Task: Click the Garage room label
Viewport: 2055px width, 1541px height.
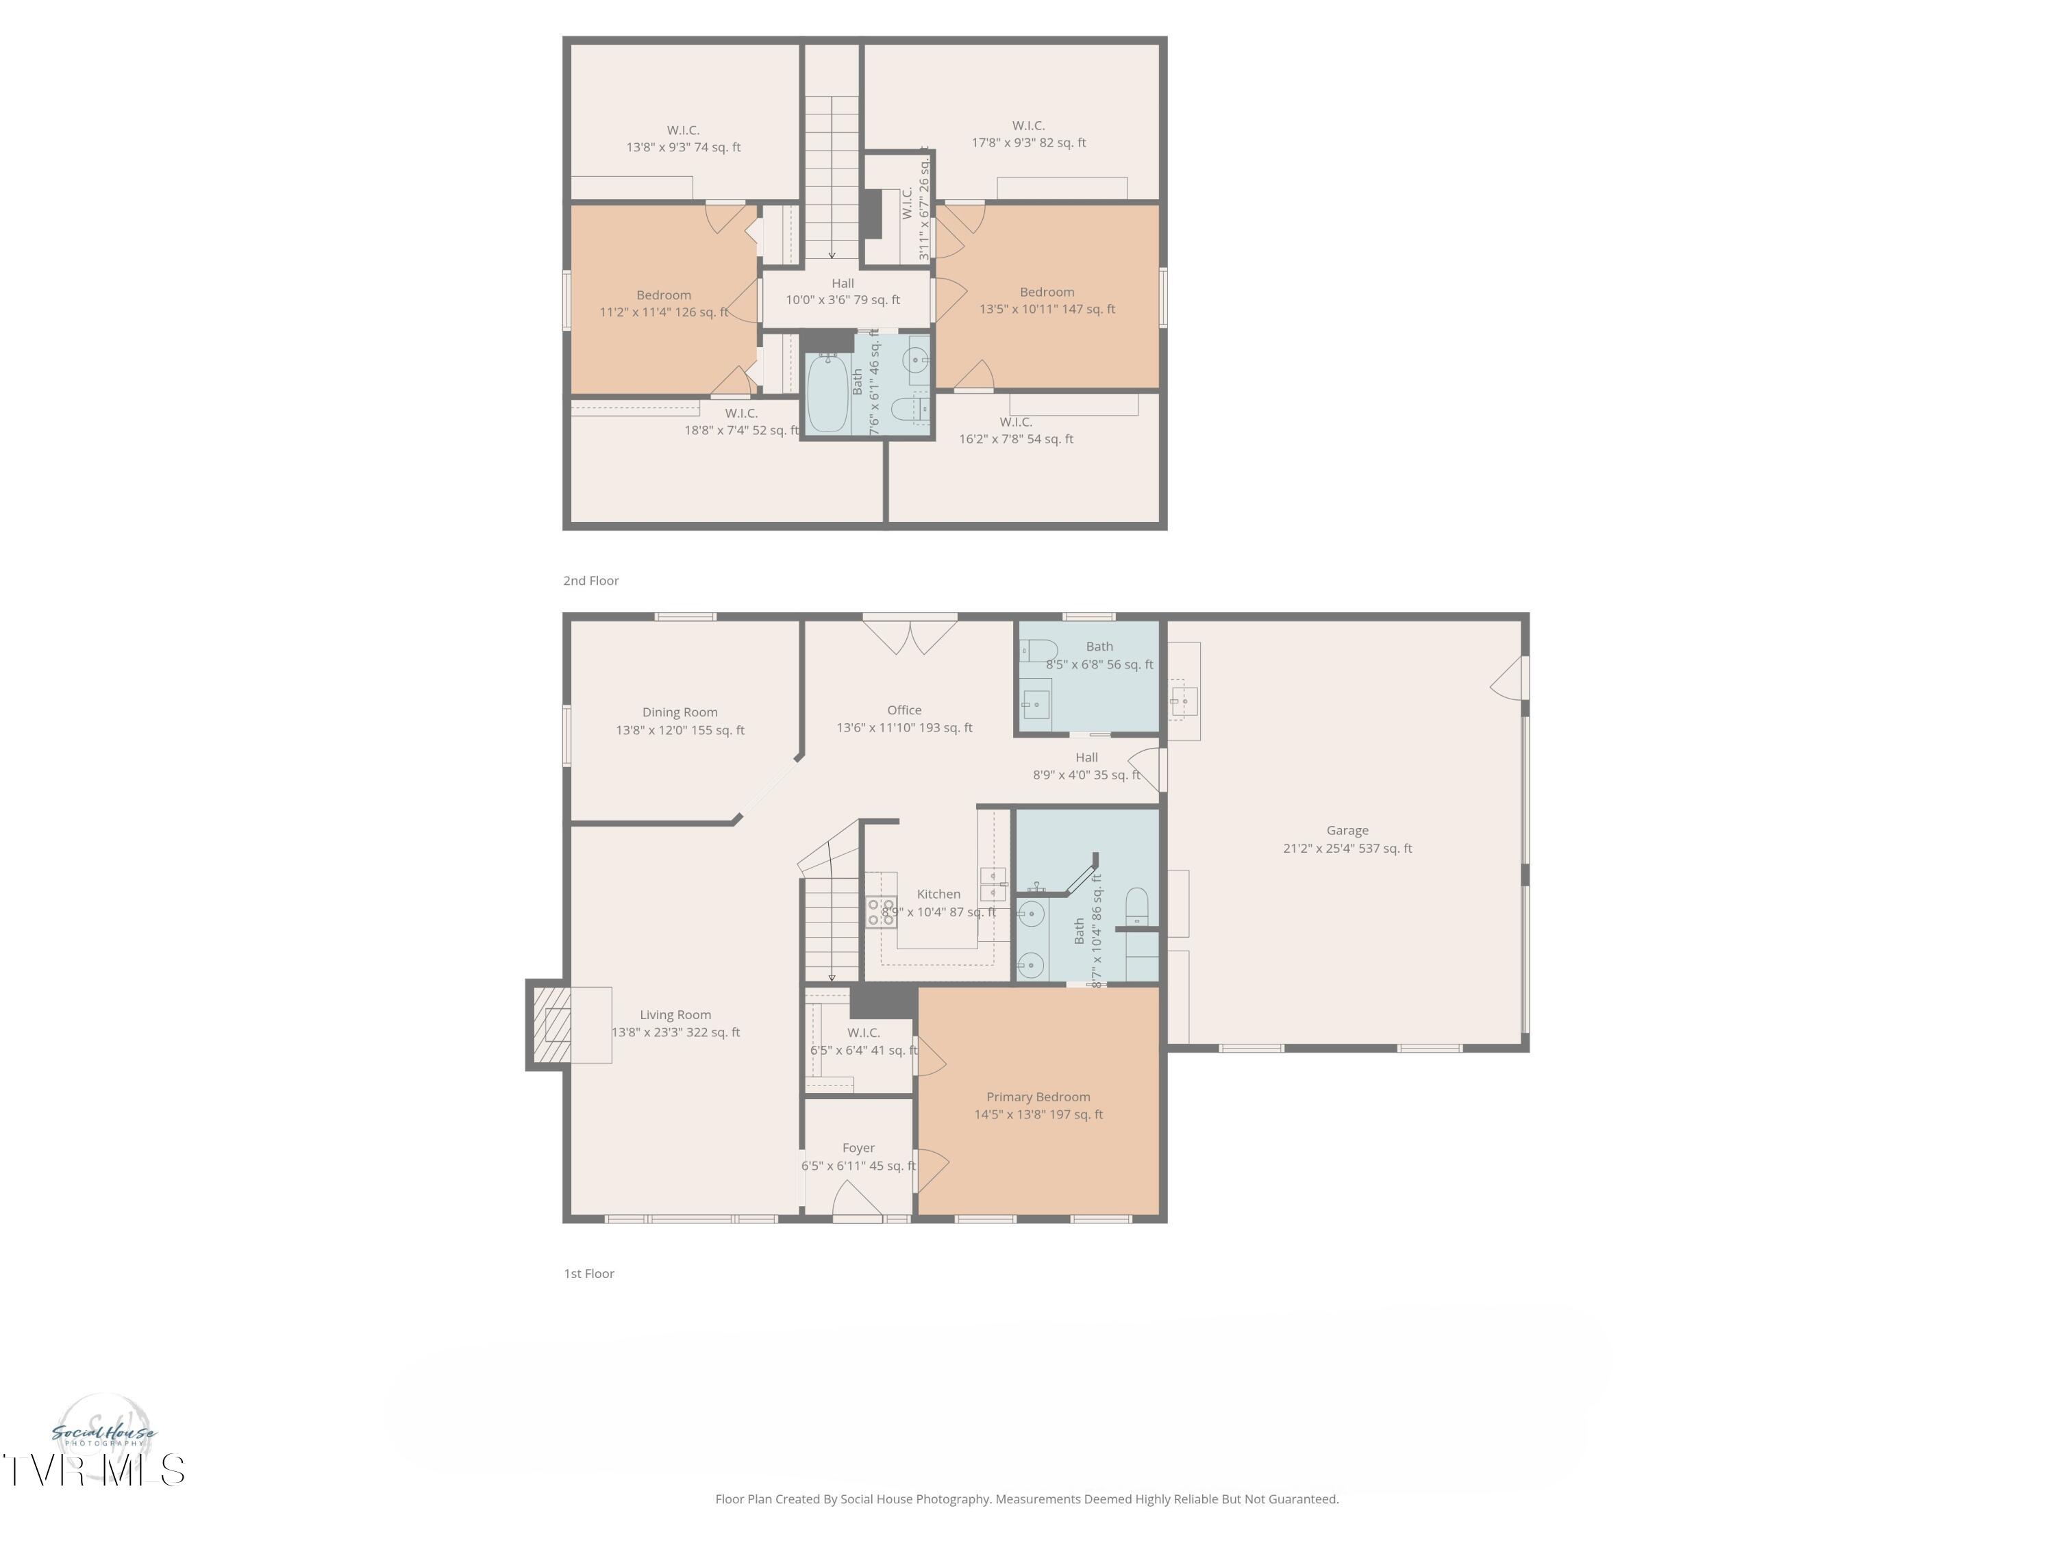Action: pyautogui.click(x=1347, y=830)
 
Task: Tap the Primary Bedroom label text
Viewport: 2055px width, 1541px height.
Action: pyautogui.click(x=1038, y=1097)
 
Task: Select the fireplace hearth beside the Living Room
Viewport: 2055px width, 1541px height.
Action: pyautogui.click(x=548, y=1025)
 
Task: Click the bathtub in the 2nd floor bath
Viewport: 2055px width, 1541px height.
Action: pyautogui.click(x=827, y=394)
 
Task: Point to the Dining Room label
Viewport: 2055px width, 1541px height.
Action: pyautogui.click(x=679, y=712)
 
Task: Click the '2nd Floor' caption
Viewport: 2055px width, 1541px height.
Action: pyautogui.click(x=591, y=581)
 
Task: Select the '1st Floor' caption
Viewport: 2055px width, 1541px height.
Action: pyautogui.click(x=589, y=1273)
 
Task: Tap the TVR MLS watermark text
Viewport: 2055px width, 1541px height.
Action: pyautogui.click(x=93, y=1470)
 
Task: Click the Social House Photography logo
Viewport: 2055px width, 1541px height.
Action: pyautogui.click(x=104, y=1433)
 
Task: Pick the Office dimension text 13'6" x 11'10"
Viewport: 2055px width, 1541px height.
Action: pyautogui.click(x=904, y=728)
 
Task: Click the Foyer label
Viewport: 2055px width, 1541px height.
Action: pyautogui.click(x=858, y=1148)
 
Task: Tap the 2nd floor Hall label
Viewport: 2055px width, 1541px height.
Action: pyautogui.click(x=843, y=284)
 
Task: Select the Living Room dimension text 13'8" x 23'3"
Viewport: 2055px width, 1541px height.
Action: pyautogui.click(x=675, y=1032)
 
